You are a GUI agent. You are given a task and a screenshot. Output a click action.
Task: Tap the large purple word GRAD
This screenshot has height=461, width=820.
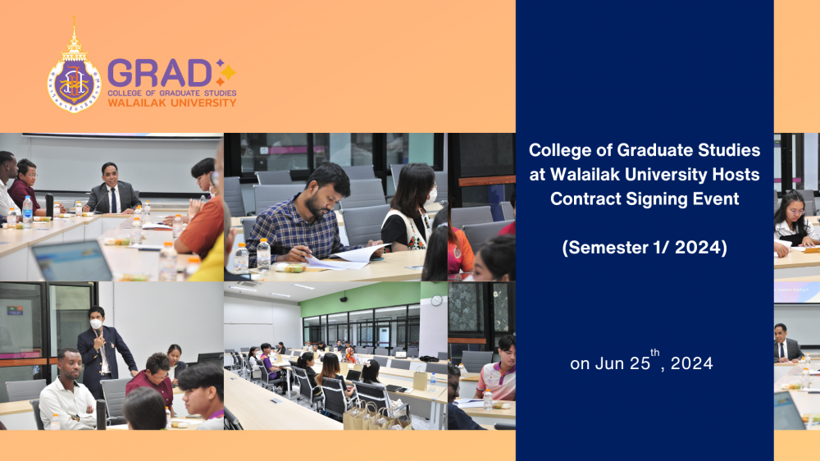[160, 73]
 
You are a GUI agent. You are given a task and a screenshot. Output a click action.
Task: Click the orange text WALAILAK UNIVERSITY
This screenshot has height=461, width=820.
[172, 103]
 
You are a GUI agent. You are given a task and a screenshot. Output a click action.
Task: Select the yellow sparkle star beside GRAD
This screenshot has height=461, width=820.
[228, 71]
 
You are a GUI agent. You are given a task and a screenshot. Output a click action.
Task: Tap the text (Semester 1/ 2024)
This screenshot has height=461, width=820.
[645, 247]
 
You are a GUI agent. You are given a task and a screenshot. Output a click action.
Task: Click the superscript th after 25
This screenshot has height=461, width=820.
[654, 353]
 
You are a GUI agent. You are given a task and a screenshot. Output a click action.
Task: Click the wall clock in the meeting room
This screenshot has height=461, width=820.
[437, 300]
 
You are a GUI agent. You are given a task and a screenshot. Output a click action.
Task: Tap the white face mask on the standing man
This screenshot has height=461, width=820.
[96, 324]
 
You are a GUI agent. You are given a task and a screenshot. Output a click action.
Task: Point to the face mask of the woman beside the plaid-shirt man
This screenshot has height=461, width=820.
[430, 197]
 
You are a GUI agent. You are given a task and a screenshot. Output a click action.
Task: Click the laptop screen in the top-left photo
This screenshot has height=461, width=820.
[72, 261]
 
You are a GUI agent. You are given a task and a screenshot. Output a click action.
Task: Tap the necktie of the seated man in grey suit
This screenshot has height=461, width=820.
[113, 200]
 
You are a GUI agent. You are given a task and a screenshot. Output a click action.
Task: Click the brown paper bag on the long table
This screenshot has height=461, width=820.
[420, 379]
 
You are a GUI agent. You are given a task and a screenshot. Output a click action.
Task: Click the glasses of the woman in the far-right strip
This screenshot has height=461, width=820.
[795, 212]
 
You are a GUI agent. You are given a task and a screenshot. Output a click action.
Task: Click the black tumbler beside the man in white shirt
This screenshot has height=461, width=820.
[101, 414]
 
